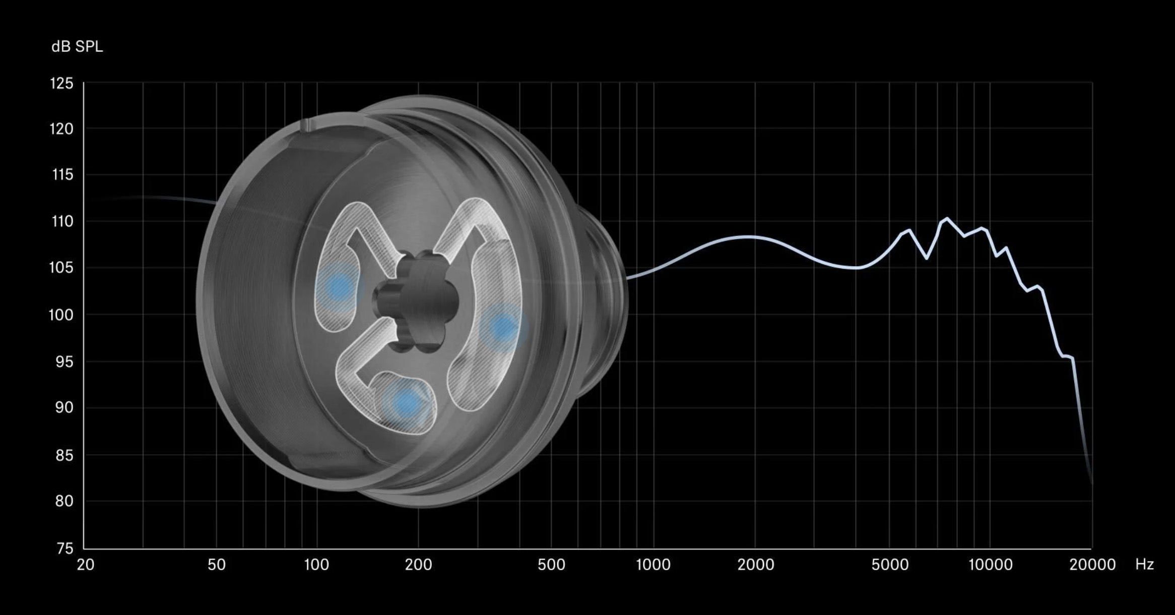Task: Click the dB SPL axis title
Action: point(77,46)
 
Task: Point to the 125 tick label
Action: point(61,83)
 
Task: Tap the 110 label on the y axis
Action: point(62,221)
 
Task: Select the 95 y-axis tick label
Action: point(64,361)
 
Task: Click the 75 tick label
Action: point(64,548)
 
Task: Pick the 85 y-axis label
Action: point(64,455)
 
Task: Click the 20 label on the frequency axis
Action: point(86,565)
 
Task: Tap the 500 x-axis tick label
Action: point(551,565)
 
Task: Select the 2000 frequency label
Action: point(755,565)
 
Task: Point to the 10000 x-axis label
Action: point(990,565)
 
